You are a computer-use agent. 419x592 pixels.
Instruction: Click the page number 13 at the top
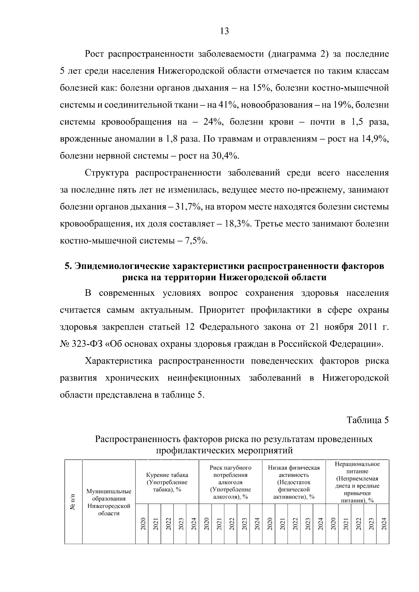(x=225, y=31)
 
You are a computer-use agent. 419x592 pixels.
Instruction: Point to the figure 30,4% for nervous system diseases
(x=225, y=156)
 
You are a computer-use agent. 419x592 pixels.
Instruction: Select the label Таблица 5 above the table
(x=367, y=420)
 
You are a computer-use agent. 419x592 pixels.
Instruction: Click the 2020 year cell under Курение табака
(x=142, y=524)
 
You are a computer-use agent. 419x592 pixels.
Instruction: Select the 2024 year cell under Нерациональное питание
(x=383, y=524)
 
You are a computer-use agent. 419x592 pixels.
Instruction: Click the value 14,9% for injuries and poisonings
(x=375, y=139)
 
